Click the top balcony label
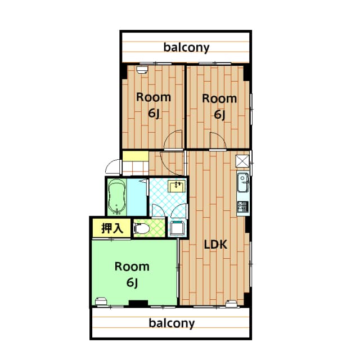[186, 47]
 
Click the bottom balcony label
[172, 323]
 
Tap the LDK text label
[215, 245]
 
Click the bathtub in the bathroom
[117, 197]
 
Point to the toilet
[141, 228]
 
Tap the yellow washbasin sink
[177, 186]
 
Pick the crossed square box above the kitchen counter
[242, 160]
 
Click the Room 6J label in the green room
[132, 274]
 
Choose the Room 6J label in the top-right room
[219, 106]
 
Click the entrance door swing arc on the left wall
[113, 167]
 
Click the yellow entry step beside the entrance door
[135, 166]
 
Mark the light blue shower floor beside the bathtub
[137, 197]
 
